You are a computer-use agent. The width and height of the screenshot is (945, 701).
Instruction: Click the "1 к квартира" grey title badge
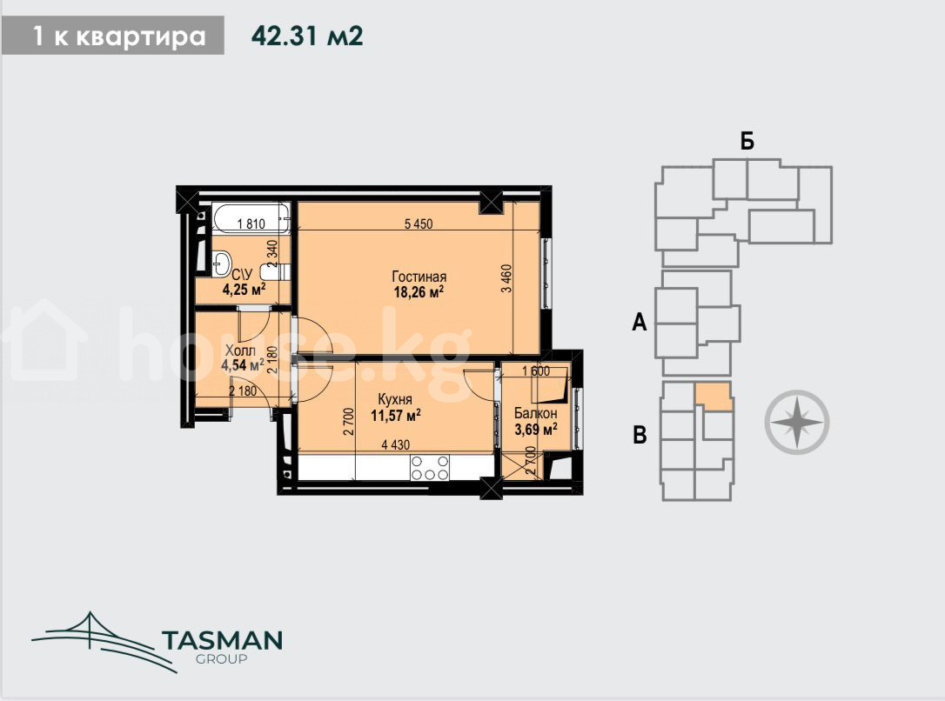[x=113, y=37]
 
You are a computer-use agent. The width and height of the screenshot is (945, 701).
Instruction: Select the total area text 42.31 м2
[x=307, y=37]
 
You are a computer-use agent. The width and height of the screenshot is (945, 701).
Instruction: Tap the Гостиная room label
[x=419, y=277]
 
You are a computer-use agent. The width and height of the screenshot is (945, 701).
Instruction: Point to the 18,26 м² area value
[x=419, y=293]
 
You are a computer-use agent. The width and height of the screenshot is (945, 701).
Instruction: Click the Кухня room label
[x=395, y=399]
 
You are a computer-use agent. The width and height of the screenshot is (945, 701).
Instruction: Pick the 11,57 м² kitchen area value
[x=395, y=416]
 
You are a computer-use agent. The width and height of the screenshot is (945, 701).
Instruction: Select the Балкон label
[x=535, y=414]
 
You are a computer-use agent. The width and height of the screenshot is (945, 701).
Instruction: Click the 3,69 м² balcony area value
[x=535, y=430]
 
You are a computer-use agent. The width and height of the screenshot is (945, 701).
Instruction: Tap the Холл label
[x=240, y=350]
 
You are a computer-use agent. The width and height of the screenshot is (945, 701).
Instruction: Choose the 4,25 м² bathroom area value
[x=245, y=290]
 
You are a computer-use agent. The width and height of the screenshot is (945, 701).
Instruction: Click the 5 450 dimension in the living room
[x=419, y=224]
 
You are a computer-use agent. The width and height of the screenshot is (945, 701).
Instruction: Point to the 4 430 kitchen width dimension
[x=395, y=445]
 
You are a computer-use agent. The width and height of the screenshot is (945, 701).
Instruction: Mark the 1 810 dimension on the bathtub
[x=251, y=224]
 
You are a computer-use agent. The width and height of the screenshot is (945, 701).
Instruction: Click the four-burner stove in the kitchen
[x=430, y=468]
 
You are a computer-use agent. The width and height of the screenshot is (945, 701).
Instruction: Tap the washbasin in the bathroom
[x=222, y=264]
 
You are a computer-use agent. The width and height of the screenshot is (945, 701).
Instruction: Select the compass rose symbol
[x=797, y=422]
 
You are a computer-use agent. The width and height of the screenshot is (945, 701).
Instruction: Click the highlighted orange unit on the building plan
[x=714, y=397]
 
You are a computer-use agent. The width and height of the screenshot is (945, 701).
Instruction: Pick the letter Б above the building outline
[x=747, y=141]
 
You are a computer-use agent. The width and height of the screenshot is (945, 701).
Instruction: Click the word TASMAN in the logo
[x=223, y=641]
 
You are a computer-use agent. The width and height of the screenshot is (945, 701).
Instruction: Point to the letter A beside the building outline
[x=639, y=323]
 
